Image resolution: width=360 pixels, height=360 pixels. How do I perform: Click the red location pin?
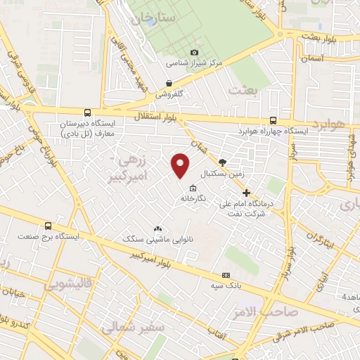tap(181, 165)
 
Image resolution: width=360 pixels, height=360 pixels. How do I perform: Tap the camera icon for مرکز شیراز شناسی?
tap(195, 53)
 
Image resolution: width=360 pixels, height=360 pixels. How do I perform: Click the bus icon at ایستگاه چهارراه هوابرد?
tap(273, 120)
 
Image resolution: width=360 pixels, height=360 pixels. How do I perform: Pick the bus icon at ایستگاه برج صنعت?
tap(48, 226)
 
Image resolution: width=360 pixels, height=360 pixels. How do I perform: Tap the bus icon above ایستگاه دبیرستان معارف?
tap(87, 112)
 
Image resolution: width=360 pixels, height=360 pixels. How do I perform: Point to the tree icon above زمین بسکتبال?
tap(223, 162)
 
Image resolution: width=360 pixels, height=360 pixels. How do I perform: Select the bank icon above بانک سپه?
tap(225, 275)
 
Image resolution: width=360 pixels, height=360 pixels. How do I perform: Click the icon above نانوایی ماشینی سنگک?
tap(157, 229)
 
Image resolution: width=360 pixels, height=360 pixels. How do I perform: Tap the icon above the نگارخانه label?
tap(193, 187)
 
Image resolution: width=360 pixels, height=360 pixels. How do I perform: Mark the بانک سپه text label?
tap(226, 286)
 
